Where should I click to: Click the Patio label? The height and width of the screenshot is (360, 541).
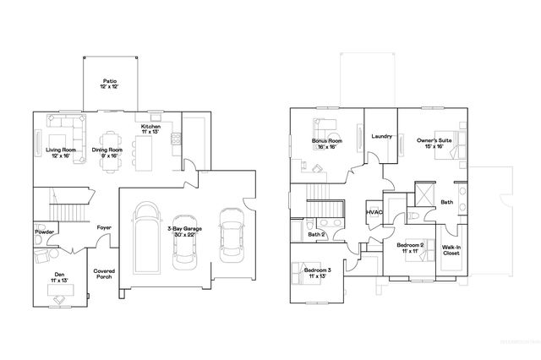click(x=110, y=85)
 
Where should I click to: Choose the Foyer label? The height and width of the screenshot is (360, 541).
click(x=103, y=228)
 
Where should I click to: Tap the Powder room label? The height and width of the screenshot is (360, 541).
click(x=44, y=232)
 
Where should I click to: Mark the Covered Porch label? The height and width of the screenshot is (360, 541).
click(x=104, y=274)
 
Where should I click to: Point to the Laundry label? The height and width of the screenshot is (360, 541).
click(x=380, y=137)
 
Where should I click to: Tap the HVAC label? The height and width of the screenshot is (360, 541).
click(x=374, y=212)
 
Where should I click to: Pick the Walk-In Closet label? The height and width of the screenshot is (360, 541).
click(x=451, y=250)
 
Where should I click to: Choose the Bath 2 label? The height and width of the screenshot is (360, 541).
click(x=317, y=234)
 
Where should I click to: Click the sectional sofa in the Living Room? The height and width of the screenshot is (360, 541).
click(x=66, y=133)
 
